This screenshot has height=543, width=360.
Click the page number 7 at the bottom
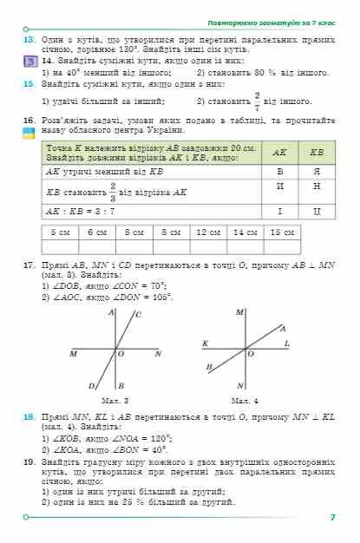(x=331, y=518)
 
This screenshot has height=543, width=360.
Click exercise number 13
(x=28, y=41)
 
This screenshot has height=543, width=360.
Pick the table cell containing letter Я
(x=317, y=172)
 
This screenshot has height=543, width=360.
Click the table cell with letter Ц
(x=317, y=211)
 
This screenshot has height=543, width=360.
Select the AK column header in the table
(x=279, y=152)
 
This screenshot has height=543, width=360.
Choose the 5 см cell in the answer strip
(x=61, y=232)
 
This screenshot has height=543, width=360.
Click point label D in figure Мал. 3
(x=92, y=385)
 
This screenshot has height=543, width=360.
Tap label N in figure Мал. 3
(x=158, y=354)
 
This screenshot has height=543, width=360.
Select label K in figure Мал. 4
(x=205, y=344)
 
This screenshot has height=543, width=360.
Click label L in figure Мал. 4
(x=286, y=344)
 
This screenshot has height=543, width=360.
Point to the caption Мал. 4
(x=246, y=400)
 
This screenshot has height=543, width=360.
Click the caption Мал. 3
(x=115, y=400)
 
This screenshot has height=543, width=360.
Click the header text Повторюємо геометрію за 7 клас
(x=275, y=21)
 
